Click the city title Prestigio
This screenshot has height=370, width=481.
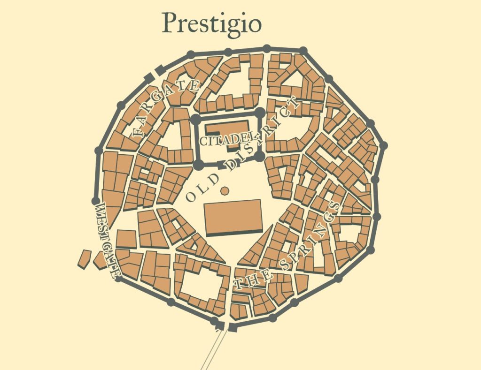point(211,23)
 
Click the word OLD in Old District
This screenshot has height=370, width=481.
point(202,188)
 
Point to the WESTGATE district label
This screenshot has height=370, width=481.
point(108,240)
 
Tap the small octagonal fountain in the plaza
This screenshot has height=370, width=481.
point(225,190)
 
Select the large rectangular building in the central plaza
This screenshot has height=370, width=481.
point(233,217)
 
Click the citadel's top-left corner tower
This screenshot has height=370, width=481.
point(196,119)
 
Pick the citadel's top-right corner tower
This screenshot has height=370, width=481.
point(260,113)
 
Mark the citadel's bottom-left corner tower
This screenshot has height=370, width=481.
point(198,165)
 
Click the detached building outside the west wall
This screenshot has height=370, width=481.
point(85,258)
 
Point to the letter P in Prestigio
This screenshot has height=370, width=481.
point(170,23)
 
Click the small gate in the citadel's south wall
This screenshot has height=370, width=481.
point(221,164)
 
